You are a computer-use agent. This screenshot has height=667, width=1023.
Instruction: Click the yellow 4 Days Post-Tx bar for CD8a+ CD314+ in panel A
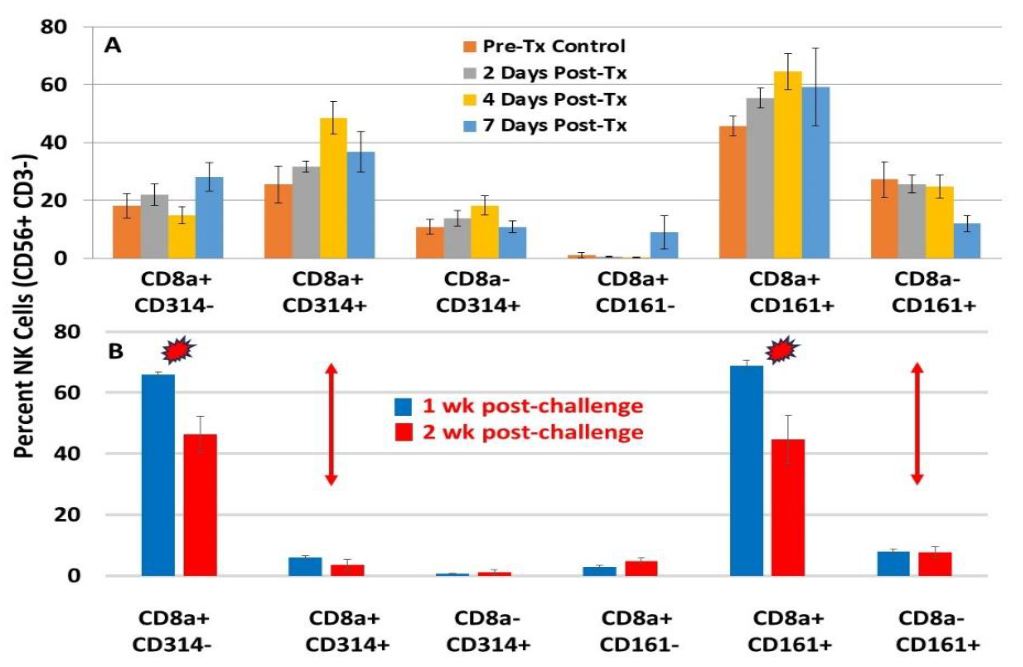333,189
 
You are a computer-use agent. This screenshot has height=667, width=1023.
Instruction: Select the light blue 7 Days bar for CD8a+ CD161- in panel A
664,246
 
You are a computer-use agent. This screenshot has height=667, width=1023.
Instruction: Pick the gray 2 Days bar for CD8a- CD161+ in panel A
912,222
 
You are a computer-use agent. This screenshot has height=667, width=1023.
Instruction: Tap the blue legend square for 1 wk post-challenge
403,406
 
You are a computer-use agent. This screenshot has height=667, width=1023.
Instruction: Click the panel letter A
113,46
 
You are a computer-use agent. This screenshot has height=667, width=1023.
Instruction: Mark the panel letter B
115,352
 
